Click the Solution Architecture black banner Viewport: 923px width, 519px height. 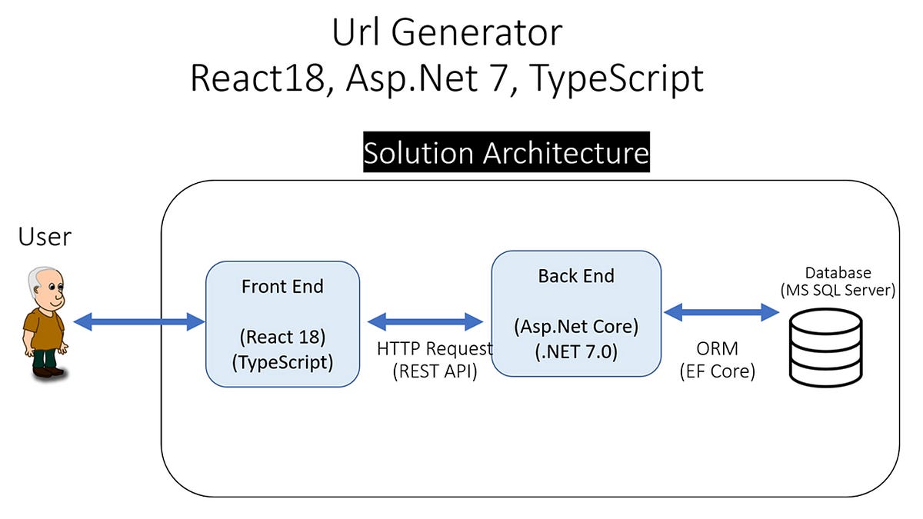click(x=506, y=152)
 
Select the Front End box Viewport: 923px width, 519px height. click(x=282, y=323)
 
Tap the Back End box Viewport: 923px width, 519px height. click(x=575, y=313)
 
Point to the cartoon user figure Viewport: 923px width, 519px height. click(x=43, y=323)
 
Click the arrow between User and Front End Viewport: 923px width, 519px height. click(x=139, y=322)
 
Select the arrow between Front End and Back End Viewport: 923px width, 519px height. click(x=425, y=321)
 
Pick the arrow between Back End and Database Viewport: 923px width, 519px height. click(x=721, y=311)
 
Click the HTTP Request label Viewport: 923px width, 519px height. click(x=435, y=348)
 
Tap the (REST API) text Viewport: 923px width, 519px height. click(x=435, y=371)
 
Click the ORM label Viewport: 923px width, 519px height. click(x=717, y=348)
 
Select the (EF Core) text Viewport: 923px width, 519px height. click(x=717, y=371)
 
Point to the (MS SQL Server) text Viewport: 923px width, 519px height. click(x=838, y=291)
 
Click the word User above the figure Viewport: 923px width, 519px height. click(x=45, y=237)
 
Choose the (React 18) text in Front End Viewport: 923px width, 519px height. click(x=282, y=337)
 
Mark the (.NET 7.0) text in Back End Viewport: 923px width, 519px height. click(x=576, y=351)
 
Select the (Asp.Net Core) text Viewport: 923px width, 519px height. click(x=576, y=326)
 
